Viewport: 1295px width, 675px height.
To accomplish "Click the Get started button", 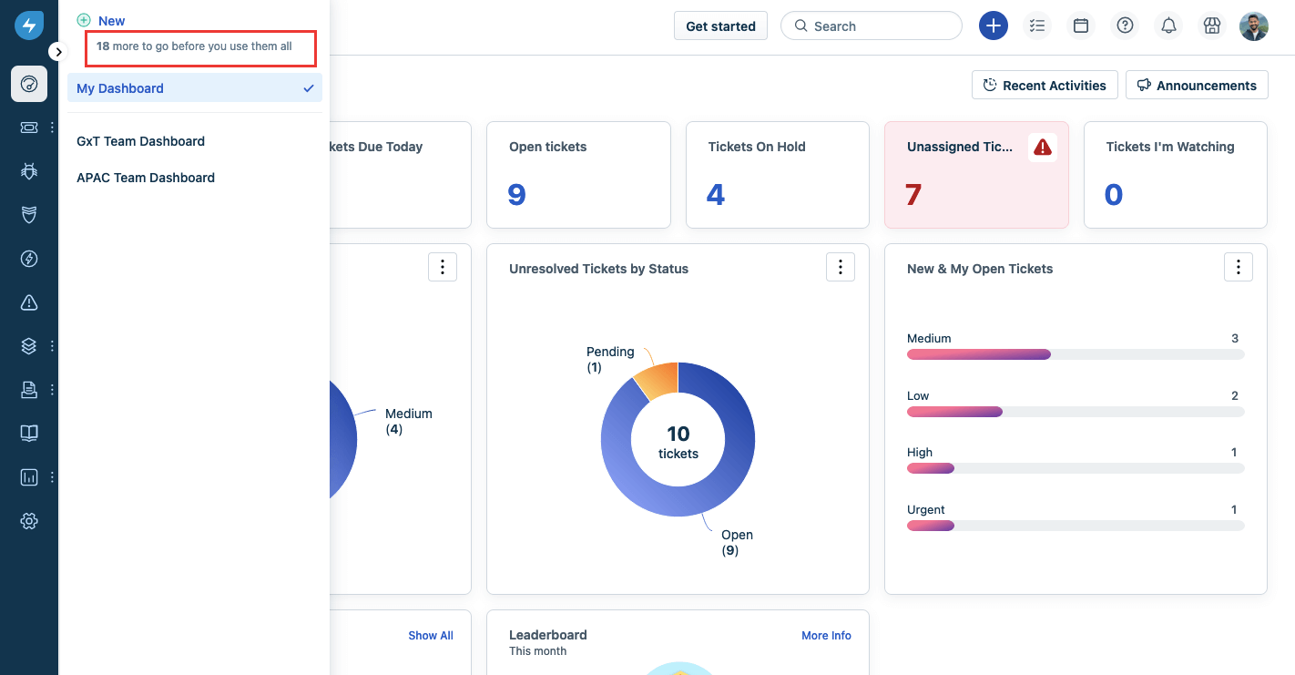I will (x=720, y=26).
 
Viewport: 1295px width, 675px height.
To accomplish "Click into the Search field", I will (x=871, y=26).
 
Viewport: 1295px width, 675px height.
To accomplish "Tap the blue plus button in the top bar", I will (x=993, y=26).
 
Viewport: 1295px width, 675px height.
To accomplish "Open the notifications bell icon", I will (x=1168, y=26).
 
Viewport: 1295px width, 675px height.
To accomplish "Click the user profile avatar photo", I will (x=1253, y=26).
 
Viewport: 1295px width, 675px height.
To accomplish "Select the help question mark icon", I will (x=1125, y=26).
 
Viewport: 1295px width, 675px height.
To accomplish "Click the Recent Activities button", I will (x=1045, y=86).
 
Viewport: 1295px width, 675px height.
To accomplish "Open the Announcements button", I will (x=1197, y=86).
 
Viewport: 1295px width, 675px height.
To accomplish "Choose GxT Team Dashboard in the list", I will (x=140, y=141).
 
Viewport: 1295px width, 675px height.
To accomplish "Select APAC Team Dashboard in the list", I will (x=146, y=178).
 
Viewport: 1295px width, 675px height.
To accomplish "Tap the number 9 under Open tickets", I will (x=516, y=195).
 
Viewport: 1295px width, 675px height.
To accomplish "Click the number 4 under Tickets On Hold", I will (x=716, y=195).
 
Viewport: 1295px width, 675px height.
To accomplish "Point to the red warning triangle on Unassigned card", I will (x=1043, y=148).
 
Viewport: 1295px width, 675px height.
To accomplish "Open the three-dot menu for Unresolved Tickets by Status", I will (x=840, y=267).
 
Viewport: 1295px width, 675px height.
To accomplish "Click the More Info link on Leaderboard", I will (x=826, y=636).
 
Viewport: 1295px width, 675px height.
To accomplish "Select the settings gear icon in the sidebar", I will (x=29, y=521).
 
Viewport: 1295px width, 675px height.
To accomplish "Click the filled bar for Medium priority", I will (x=978, y=354).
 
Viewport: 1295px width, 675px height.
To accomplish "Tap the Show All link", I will (x=430, y=636).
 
